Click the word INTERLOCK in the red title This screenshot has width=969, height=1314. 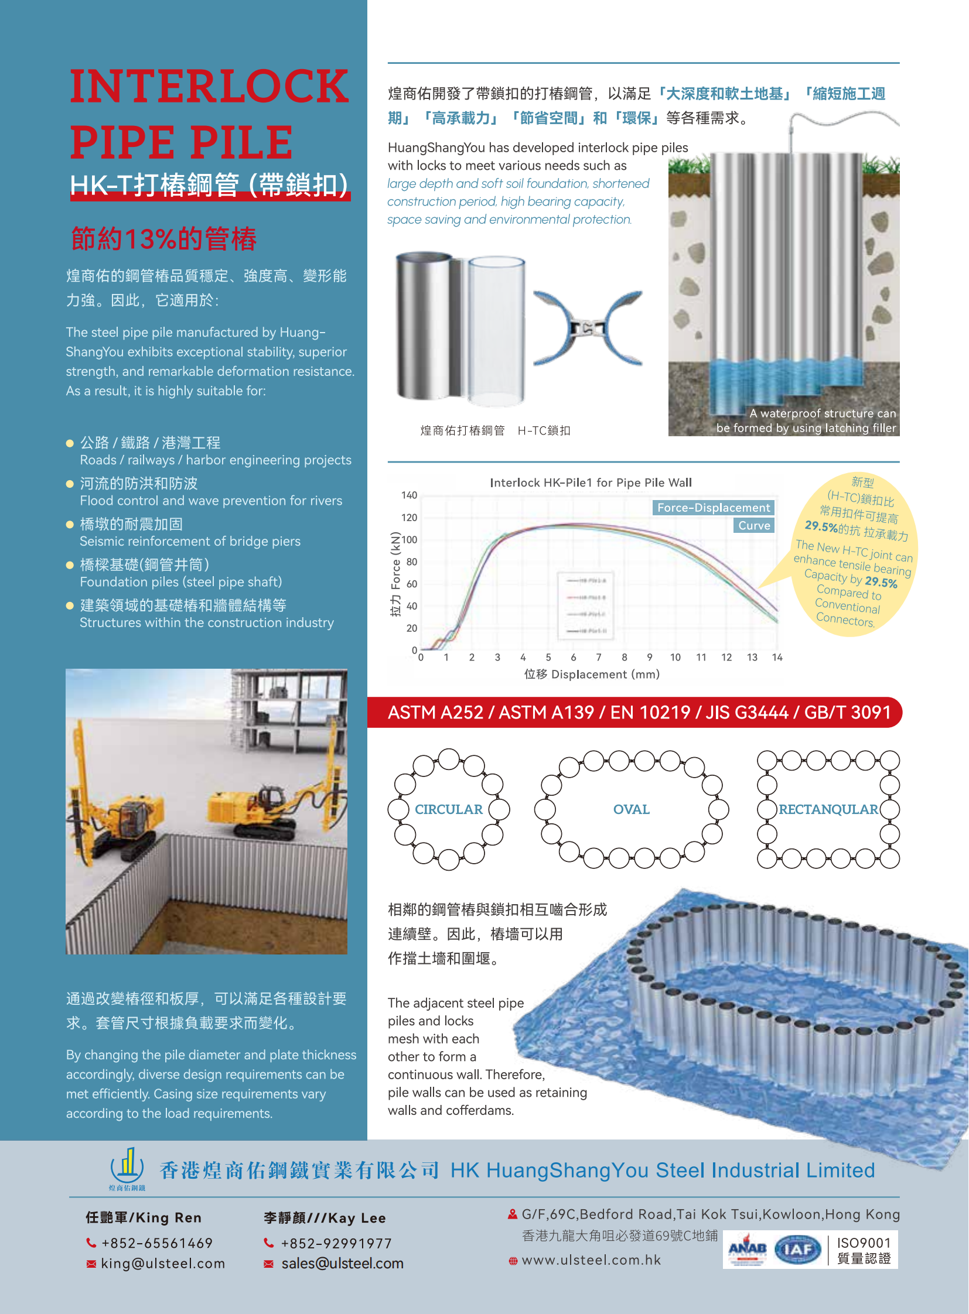pos(209,86)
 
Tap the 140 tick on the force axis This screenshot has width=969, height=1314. pos(409,495)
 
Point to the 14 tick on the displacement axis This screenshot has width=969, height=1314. pos(777,658)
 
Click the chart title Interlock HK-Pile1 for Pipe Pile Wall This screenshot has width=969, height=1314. pos(591,483)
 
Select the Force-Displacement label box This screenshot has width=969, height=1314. pos(712,508)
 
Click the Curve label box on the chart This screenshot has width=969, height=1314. pos(754,525)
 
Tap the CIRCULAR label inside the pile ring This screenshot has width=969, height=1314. pos(449,809)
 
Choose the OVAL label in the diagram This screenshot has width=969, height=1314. pos(631,809)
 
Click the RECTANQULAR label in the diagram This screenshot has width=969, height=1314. pos(828,809)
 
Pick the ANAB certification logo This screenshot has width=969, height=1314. pos(747,1250)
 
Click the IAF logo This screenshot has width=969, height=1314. pos(798,1250)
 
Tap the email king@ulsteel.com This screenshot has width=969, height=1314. pos(162,1264)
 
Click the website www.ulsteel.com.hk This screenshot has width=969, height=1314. pos(591,1260)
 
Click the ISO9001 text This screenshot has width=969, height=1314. pos(864,1243)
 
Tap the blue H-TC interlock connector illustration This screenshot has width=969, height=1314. pos(588,328)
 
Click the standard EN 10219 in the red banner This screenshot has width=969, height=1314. pos(650,713)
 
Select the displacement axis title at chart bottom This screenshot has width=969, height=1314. pos(591,675)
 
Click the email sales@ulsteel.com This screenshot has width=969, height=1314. pos(342,1264)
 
